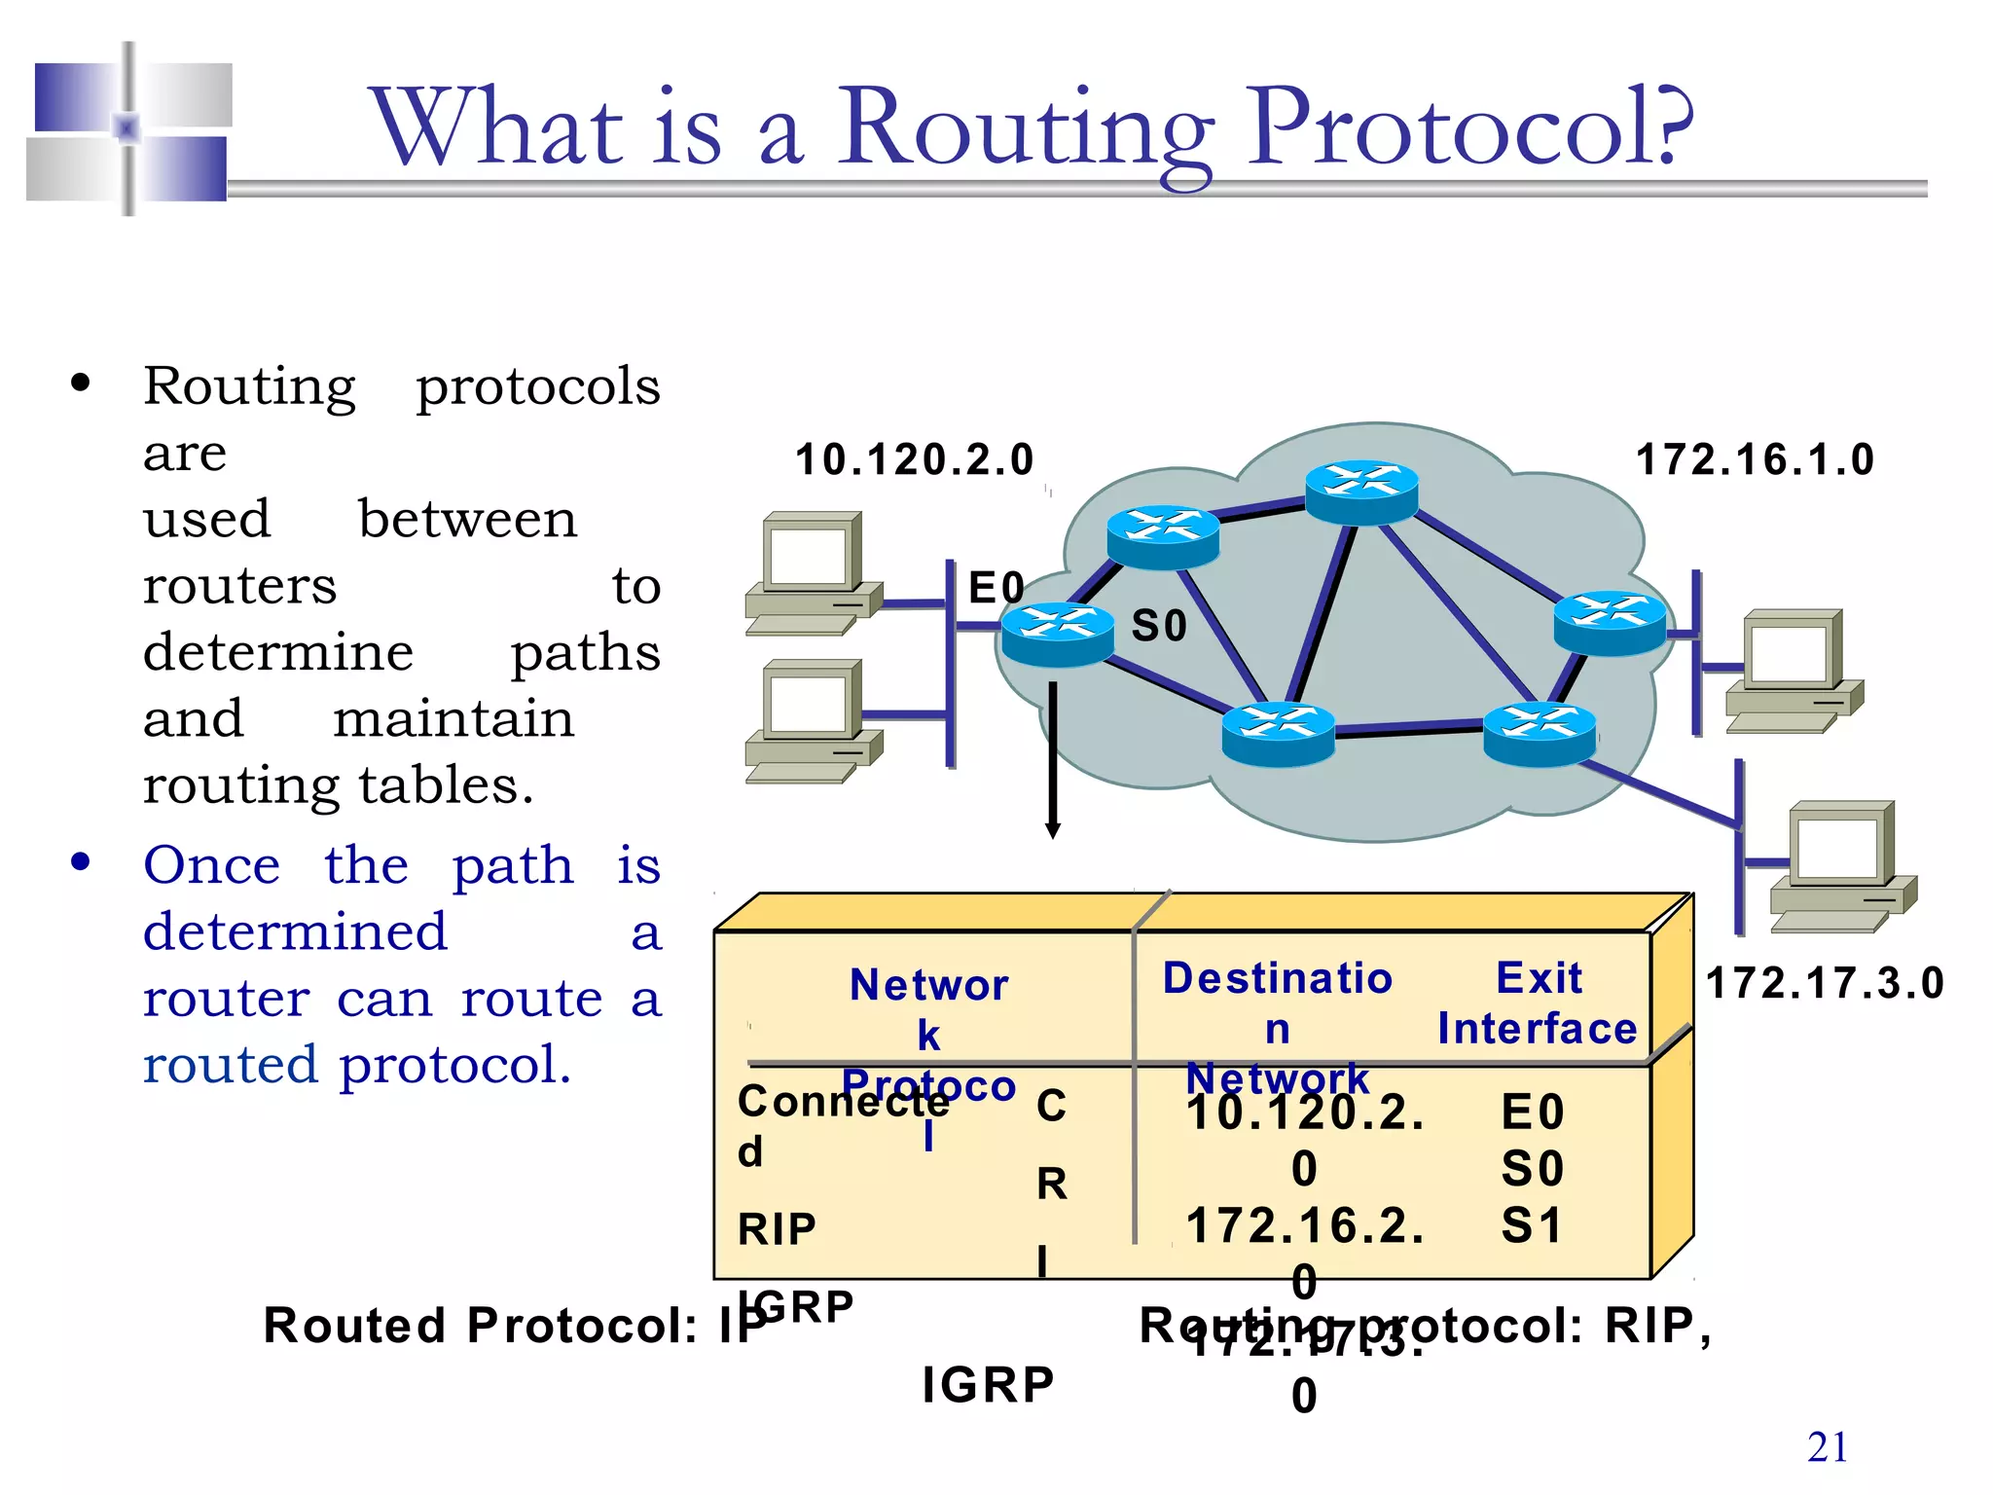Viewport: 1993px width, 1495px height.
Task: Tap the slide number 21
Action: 1827,1447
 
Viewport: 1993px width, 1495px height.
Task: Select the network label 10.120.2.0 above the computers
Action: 914,459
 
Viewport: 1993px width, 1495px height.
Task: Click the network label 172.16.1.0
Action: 1755,459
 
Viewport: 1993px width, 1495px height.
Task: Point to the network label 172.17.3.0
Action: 1825,983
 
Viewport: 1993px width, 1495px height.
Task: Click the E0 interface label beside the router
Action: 996,588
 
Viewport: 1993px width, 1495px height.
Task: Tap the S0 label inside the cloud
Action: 1159,626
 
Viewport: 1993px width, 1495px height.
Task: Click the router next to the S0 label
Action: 1057,634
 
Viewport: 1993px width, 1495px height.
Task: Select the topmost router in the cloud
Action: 1361,491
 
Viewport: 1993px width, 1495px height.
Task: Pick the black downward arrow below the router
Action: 1052,759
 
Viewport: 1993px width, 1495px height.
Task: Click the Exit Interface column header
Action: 1538,1003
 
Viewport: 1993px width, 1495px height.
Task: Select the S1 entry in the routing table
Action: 1532,1224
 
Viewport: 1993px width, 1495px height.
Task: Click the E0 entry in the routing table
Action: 1532,1112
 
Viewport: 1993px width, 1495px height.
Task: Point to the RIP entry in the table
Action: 777,1229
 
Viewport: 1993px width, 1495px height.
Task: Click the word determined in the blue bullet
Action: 295,931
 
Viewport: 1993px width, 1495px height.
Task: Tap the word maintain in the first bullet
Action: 453,718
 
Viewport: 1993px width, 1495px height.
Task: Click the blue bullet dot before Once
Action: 81,862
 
